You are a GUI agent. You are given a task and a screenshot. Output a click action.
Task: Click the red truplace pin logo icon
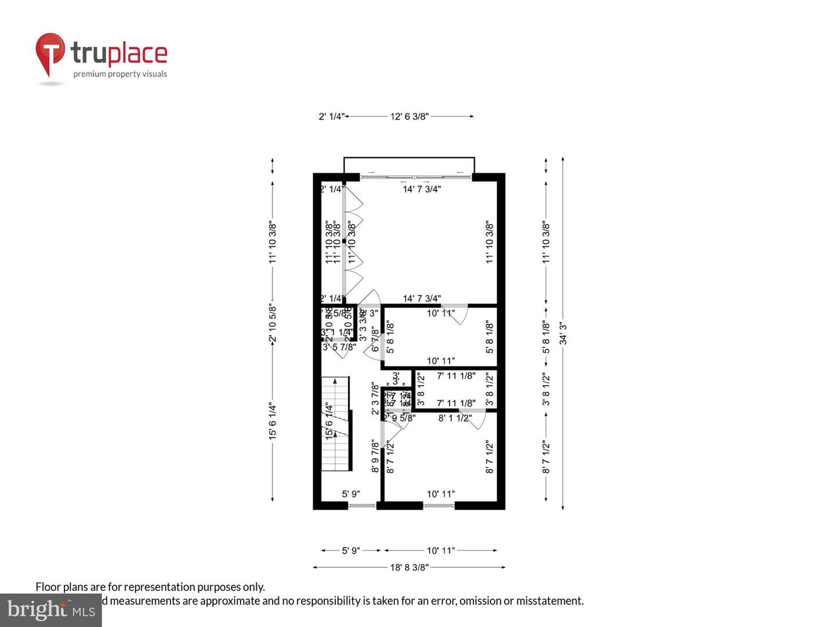coord(50,53)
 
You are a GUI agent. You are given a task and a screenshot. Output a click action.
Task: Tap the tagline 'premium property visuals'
coord(120,74)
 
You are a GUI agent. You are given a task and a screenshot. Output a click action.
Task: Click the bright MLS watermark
coord(51,610)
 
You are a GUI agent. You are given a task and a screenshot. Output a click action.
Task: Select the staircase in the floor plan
coord(336,424)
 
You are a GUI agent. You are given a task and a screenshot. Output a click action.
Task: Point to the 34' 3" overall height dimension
coord(563,333)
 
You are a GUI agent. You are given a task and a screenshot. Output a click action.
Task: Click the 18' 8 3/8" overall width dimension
coord(409,567)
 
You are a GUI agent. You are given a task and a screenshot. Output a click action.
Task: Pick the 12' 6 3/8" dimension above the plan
coord(409,117)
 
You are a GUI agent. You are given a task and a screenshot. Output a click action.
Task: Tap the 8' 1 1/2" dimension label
coord(455,418)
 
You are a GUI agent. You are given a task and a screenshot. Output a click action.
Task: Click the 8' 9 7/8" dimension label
coord(375,457)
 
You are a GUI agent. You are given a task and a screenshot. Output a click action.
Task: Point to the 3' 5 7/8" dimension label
coord(339,347)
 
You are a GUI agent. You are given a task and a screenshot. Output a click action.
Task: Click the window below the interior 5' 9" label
coord(362,506)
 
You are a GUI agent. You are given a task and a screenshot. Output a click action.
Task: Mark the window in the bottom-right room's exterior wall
coord(438,506)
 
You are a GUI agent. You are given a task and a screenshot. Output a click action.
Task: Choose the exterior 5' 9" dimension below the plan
coord(350,550)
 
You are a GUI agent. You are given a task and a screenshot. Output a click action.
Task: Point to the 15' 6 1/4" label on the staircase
coord(329,421)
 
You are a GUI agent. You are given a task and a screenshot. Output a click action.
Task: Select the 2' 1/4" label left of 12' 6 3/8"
coord(331,117)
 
